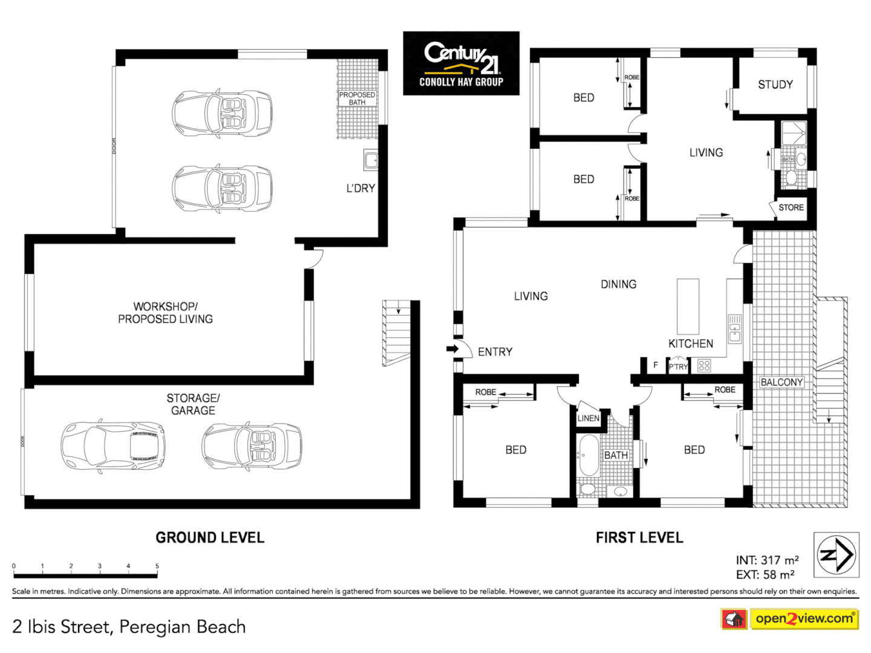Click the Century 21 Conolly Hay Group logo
(x=461, y=63)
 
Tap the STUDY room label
(x=775, y=85)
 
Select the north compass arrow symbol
(x=836, y=554)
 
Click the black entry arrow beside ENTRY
(x=452, y=349)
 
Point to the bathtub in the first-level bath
(x=587, y=455)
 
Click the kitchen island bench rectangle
(x=688, y=306)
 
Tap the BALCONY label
(x=781, y=382)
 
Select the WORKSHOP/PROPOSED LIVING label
(x=165, y=313)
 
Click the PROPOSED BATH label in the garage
(x=357, y=99)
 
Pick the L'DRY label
(x=360, y=189)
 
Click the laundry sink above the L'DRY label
(x=371, y=160)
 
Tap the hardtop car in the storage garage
(x=113, y=446)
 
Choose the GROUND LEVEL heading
(x=210, y=538)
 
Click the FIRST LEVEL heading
(x=639, y=538)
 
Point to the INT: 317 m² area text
(x=767, y=560)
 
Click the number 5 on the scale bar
(x=157, y=567)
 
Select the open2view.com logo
(x=804, y=619)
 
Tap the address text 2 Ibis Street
(x=129, y=627)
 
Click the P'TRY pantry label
(x=678, y=366)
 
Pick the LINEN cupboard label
(x=588, y=418)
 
